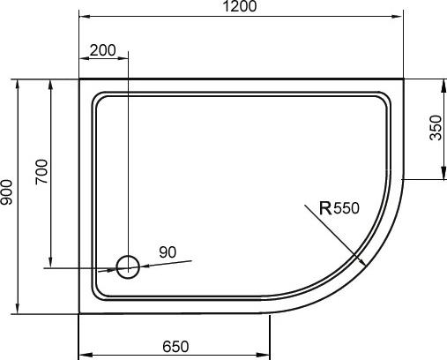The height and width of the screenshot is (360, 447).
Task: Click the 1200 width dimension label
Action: (240, 8)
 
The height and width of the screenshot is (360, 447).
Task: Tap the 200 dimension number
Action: (103, 50)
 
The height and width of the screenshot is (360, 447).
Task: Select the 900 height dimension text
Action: (8, 195)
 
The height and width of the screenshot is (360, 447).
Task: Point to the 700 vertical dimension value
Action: (41, 171)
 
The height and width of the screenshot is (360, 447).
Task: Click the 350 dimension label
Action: (435, 128)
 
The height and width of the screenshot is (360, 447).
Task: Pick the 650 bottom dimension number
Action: (175, 347)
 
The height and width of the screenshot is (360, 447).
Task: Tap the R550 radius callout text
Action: (339, 209)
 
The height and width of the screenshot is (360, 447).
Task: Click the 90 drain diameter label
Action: (168, 252)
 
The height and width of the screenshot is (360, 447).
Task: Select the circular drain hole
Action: (128, 266)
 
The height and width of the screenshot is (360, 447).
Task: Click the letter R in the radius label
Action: (324, 209)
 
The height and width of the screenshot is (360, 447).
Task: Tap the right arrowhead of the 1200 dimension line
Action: (399, 17)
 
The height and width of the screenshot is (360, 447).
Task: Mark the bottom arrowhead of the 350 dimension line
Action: (438, 176)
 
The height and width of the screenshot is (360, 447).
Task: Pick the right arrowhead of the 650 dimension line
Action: (265, 356)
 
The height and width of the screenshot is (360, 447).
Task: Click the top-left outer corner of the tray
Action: (79, 79)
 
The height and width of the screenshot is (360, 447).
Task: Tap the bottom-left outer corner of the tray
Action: (79, 314)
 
